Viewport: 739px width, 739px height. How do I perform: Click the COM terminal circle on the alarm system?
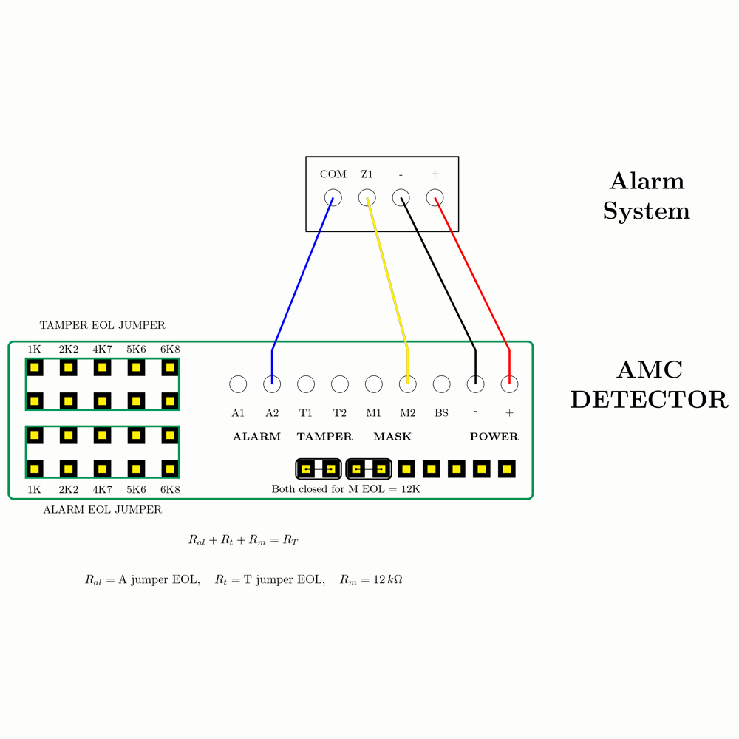coord(333,198)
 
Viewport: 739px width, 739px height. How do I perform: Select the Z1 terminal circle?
coord(367,198)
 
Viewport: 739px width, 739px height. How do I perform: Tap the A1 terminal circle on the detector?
coord(238,384)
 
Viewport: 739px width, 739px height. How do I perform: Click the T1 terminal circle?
coord(306,384)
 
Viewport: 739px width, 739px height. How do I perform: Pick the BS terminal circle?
coord(441,384)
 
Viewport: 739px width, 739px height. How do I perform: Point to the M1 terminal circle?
coord(374,384)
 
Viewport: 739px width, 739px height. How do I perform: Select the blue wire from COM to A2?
coord(303,273)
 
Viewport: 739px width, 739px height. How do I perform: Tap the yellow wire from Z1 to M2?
coord(388,273)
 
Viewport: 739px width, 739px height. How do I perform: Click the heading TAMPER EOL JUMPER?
coord(102,325)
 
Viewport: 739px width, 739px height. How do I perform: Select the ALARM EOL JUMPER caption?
coord(102,509)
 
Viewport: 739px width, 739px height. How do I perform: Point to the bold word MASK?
coord(392,437)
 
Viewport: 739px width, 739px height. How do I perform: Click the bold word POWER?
coord(494,437)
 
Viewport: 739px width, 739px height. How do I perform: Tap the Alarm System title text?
coord(646,196)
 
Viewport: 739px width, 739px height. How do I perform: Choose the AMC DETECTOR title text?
coord(650,384)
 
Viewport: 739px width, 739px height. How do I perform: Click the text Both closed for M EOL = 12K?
coord(346,489)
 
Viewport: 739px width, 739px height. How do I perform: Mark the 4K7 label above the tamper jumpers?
coord(102,349)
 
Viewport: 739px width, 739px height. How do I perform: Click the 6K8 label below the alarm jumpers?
coord(170,489)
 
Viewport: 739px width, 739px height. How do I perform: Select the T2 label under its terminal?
coord(340,413)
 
